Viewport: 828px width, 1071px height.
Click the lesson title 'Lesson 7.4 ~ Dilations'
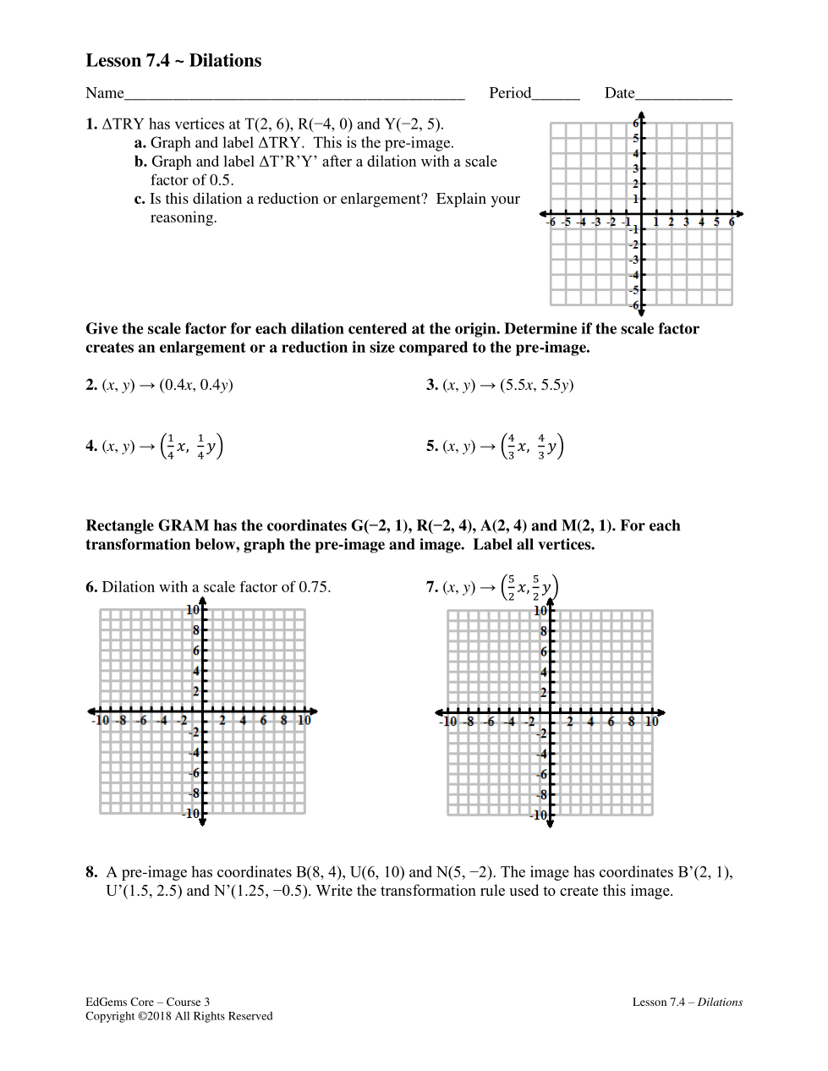pyautogui.click(x=173, y=61)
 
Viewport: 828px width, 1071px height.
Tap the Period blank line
pyautogui.click(x=556, y=98)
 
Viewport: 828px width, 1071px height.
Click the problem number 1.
pyautogui.click(x=91, y=124)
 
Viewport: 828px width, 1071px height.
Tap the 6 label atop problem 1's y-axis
pyautogui.click(x=636, y=123)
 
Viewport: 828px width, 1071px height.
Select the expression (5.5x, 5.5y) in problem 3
pyautogui.click(x=536, y=385)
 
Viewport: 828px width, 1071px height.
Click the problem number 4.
pyautogui.click(x=91, y=447)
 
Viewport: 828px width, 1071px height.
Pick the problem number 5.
pyautogui.click(x=432, y=447)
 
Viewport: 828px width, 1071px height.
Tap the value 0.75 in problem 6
pyautogui.click(x=313, y=587)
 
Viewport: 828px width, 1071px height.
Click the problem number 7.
pyautogui.click(x=432, y=587)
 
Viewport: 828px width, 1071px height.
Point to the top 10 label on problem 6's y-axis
pyautogui.click(x=193, y=610)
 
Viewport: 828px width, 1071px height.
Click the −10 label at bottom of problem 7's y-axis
pyautogui.click(x=538, y=816)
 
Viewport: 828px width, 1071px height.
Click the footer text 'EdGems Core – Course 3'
pyautogui.click(x=147, y=1002)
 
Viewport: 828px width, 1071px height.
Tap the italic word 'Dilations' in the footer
pyautogui.click(x=720, y=1002)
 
